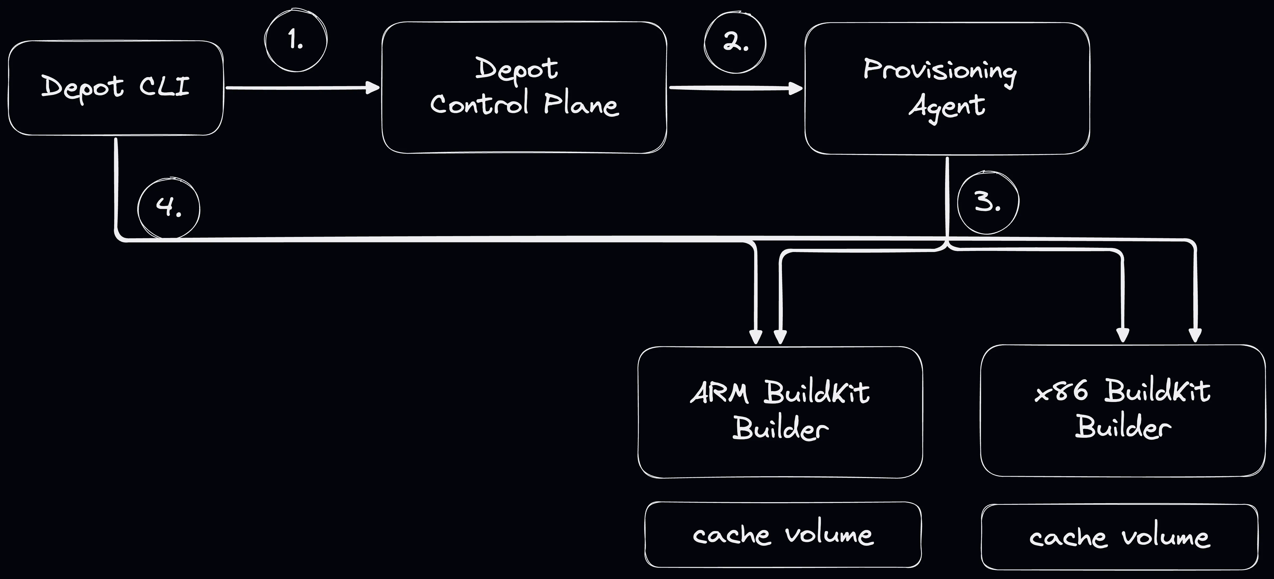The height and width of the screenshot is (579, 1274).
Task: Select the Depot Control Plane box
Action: pyautogui.click(x=524, y=88)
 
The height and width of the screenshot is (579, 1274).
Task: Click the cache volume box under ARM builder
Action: pyautogui.click(x=783, y=534)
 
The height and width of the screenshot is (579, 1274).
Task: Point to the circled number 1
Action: pyautogui.click(x=296, y=39)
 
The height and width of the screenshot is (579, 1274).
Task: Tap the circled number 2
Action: pyautogui.click(x=735, y=43)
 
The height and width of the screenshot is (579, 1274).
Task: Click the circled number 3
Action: pyautogui.click(x=988, y=202)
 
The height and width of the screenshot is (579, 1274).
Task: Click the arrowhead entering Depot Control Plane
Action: pyautogui.click(x=372, y=88)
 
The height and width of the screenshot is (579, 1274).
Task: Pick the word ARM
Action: pyautogui.click(x=719, y=394)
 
